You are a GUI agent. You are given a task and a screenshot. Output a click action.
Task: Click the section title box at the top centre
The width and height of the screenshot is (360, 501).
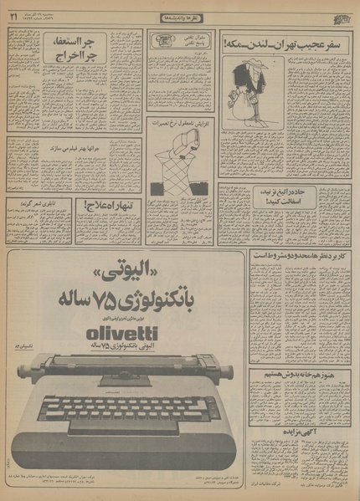(179, 17)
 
